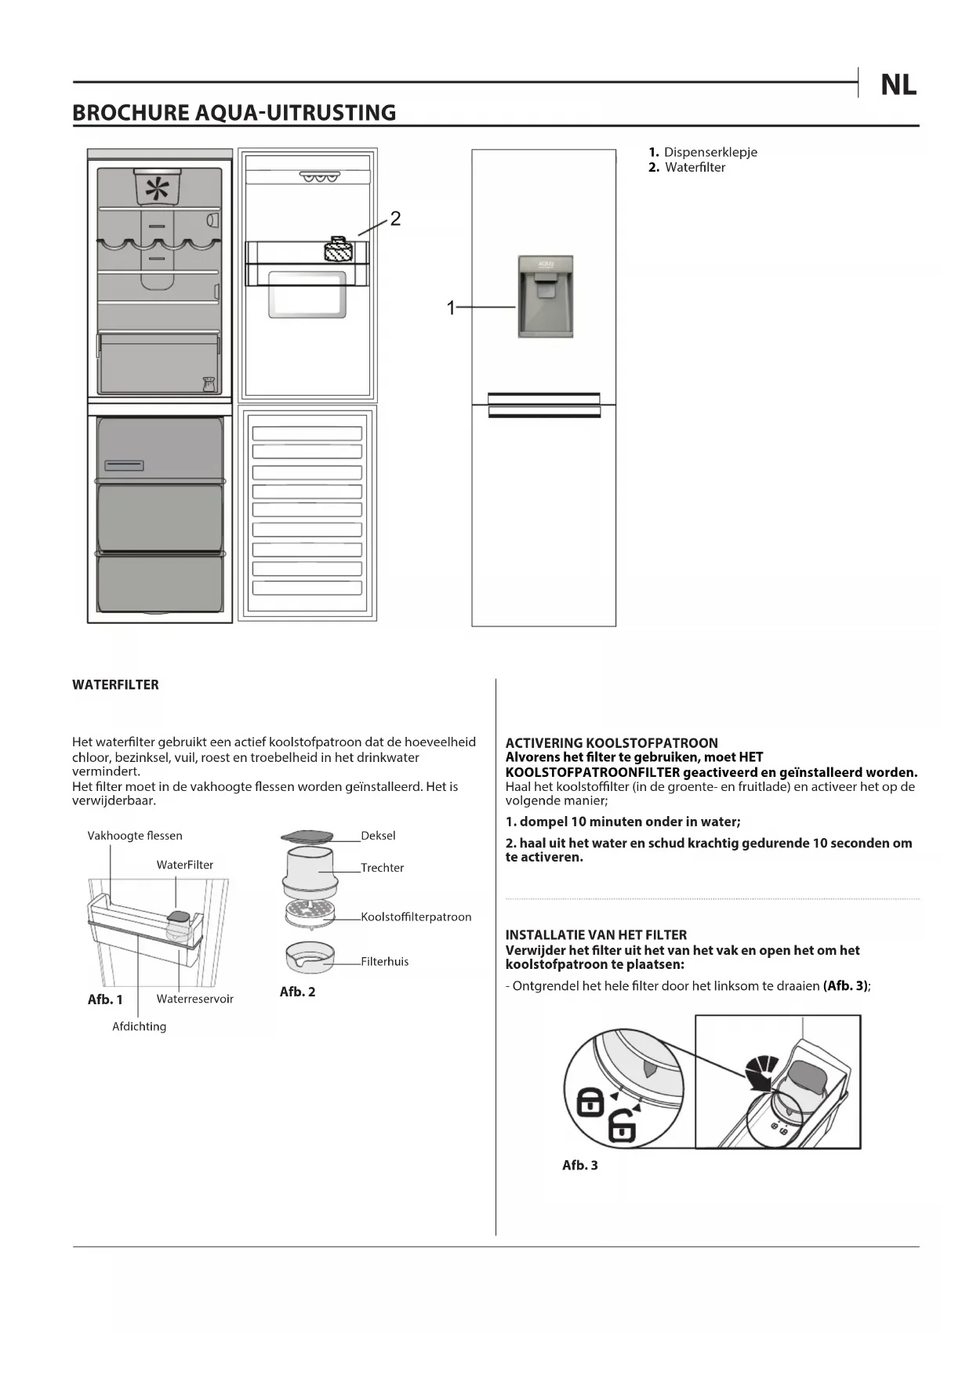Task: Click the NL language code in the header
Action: click(898, 85)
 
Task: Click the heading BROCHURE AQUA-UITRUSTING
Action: click(234, 113)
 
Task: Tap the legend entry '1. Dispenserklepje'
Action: click(703, 152)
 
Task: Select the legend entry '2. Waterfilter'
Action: click(687, 167)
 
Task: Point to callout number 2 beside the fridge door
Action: click(395, 219)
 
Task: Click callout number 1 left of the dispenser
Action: click(451, 308)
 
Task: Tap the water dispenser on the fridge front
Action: click(546, 296)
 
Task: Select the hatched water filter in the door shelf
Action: click(339, 250)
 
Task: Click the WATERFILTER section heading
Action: click(115, 684)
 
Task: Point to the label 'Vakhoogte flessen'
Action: click(135, 836)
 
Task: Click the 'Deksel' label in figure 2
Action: click(378, 836)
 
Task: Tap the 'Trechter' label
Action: click(383, 868)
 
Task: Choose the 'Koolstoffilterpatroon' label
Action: click(416, 917)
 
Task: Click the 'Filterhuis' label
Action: click(385, 962)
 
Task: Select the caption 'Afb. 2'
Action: click(297, 992)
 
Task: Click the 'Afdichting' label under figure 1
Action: click(139, 1026)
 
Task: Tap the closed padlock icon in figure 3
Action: click(590, 1103)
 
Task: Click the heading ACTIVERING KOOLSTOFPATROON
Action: click(612, 742)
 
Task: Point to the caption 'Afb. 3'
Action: click(579, 1165)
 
